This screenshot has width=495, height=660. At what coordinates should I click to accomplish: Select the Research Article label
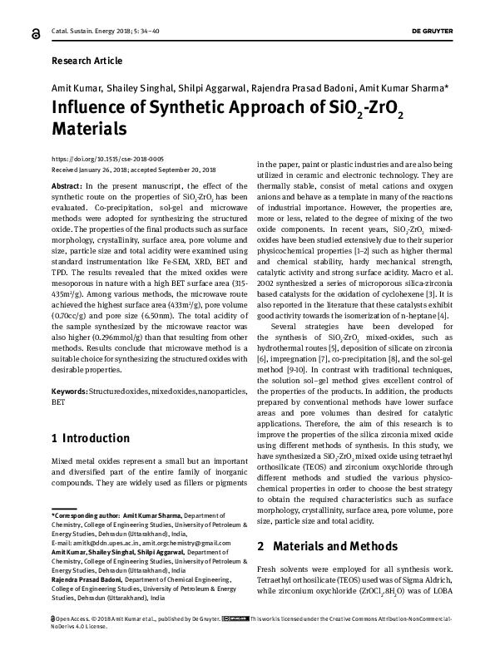87,61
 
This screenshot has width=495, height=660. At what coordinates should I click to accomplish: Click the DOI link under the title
96,158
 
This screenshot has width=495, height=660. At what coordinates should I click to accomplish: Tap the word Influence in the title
93,110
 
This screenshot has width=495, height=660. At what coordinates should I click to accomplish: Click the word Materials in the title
89,130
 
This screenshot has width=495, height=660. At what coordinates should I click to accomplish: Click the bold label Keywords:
70,390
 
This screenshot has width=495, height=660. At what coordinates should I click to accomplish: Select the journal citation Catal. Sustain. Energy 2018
95,32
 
